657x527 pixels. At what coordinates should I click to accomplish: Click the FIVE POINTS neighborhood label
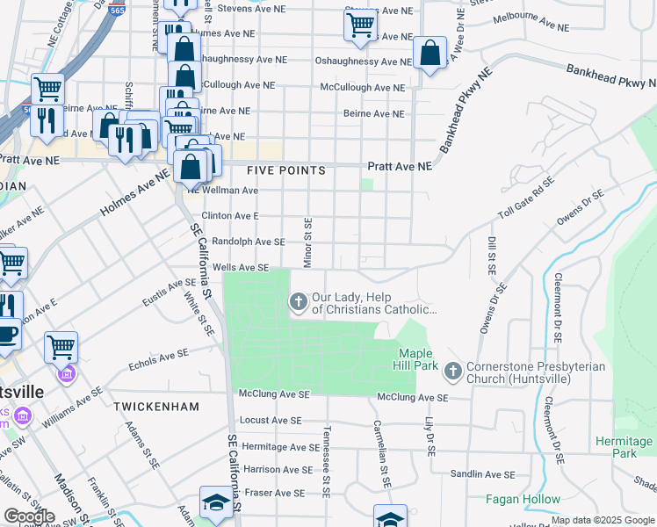coord(285,170)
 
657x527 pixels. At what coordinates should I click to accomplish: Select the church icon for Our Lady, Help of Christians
coord(299,302)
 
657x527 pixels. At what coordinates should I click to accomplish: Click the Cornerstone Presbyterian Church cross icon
coord(453,372)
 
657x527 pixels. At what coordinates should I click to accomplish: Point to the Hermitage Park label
coord(625,447)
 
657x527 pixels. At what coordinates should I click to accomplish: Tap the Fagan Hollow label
coord(523,499)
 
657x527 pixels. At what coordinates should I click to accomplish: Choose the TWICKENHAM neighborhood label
coord(155,407)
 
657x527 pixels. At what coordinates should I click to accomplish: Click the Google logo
coord(29,516)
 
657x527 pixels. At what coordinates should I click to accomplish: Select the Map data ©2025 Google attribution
coord(603,520)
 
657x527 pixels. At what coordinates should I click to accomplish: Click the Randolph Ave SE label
coord(249,242)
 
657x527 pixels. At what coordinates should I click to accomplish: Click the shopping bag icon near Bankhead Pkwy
coord(430,54)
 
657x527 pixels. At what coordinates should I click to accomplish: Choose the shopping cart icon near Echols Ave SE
coord(61,347)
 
